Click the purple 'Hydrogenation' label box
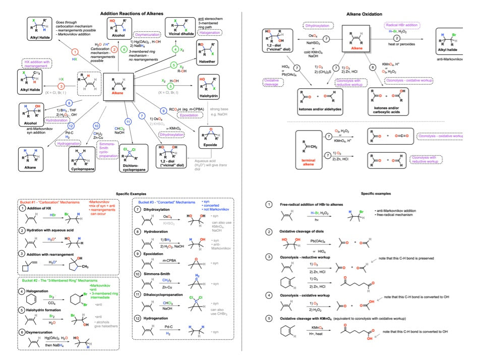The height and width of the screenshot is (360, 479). tap(69, 143)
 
